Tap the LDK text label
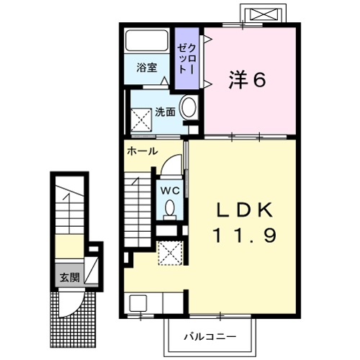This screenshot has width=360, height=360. point(246,210)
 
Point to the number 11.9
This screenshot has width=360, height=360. point(245,235)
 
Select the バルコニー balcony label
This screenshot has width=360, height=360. point(210,336)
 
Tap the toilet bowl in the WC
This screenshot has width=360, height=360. point(170,209)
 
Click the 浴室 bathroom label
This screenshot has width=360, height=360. point(147,68)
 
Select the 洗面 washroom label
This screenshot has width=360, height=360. point(165,112)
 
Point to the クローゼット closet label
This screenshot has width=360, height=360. point(186,58)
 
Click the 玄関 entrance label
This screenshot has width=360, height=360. point(69,277)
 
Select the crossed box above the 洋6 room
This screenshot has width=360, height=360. point(261,14)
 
